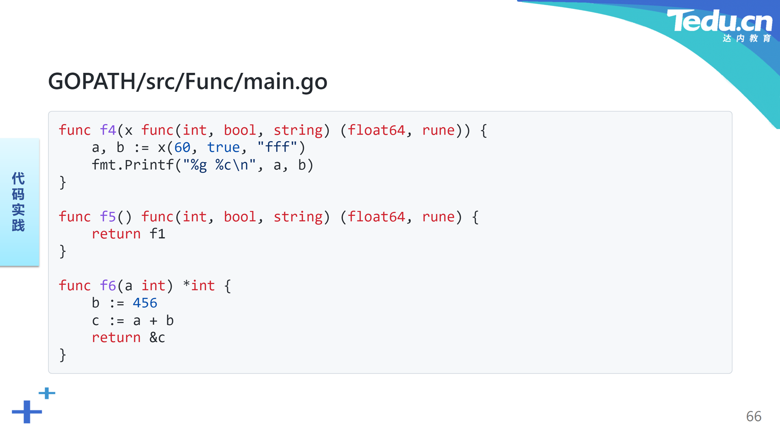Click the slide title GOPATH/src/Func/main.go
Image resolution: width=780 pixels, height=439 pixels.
(x=188, y=81)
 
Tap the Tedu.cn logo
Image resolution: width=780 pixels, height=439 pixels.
(x=719, y=25)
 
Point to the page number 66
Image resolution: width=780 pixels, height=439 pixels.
(x=754, y=416)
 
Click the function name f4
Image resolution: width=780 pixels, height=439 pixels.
(x=108, y=130)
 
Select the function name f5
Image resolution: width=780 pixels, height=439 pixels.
(x=108, y=217)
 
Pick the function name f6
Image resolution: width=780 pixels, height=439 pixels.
(x=108, y=286)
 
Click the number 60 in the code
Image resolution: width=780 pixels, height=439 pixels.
(x=182, y=147)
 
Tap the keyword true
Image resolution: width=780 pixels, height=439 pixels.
(x=223, y=147)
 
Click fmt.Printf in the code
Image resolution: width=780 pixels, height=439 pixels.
(x=133, y=165)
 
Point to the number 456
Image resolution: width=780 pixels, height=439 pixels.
(x=145, y=303)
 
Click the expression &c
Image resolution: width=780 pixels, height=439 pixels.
(x=157, y=337)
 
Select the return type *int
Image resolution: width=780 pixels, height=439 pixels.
(x=199, y=286)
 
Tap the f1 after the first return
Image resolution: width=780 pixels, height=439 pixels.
(x=157, y=234)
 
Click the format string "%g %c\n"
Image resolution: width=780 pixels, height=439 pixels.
(x=219, y=165)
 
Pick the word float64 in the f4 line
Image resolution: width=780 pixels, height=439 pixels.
(x=377, y=130)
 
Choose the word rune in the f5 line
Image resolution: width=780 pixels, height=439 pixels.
(x=438, y=217)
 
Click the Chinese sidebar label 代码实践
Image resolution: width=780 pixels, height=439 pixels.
(x=18, y=202)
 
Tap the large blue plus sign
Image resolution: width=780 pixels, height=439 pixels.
(x=27, y=412)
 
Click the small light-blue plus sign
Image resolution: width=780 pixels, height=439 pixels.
(x=47, y=393)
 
